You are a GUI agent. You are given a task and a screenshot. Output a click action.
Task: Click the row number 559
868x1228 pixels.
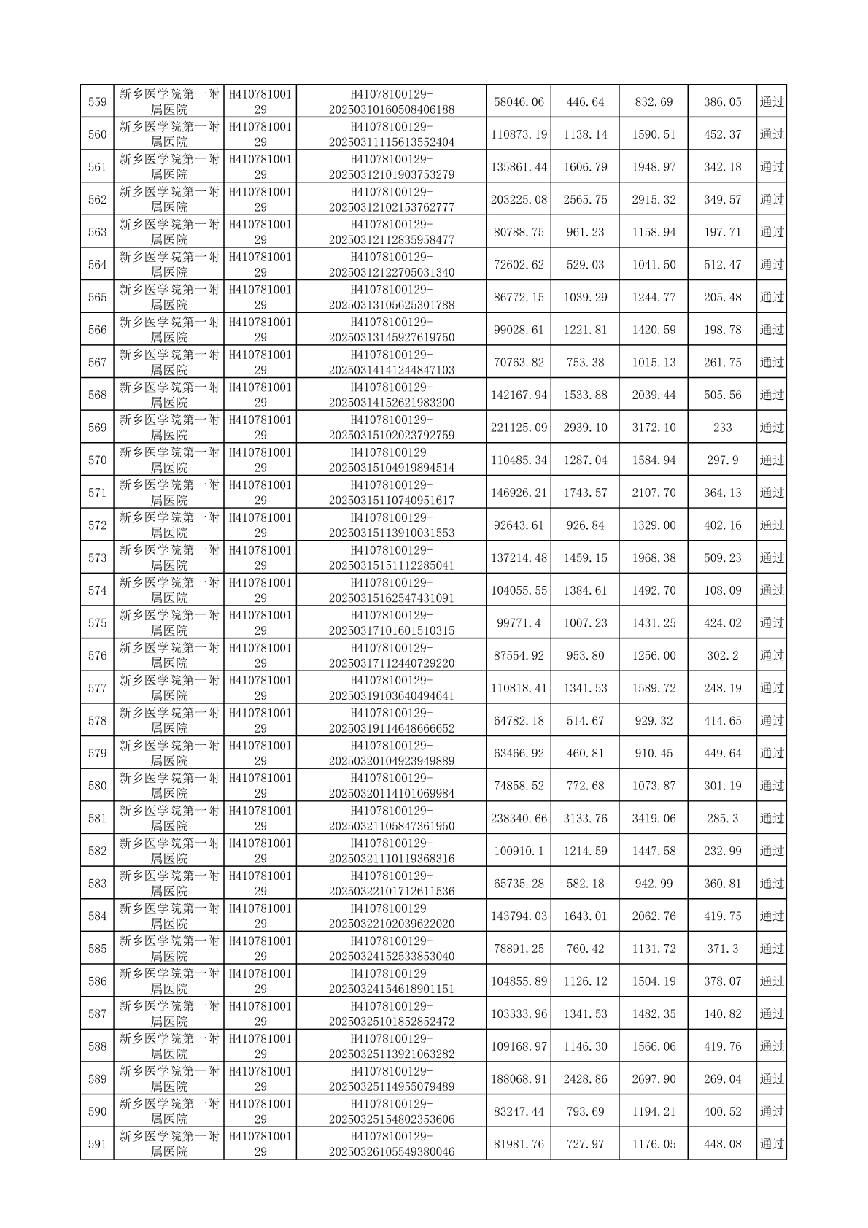(97, 102)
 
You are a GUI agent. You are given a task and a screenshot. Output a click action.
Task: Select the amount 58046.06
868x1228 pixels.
(519, 102)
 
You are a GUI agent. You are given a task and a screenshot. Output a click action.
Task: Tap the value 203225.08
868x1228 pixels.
(519, 200)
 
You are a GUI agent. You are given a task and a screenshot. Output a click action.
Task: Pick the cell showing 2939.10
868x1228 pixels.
(585, 428)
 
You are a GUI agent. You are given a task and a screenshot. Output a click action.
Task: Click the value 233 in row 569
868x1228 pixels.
(722, 428)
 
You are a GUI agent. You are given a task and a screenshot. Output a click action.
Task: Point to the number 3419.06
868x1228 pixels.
(654, 819)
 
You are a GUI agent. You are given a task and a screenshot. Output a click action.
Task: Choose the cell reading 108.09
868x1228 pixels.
(722, 590)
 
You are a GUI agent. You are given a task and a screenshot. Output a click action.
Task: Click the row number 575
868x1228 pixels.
(97, 623)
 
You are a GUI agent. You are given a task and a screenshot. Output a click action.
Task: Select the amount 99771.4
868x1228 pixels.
(519, 623)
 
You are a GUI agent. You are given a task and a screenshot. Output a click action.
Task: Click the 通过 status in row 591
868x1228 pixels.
(772, 1144)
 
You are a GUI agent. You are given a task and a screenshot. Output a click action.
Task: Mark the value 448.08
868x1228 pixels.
(722, 1144)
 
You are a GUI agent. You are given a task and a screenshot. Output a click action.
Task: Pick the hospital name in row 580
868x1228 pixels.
(169, 786)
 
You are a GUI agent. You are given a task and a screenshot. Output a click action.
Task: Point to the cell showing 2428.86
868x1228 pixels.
(585, 1079)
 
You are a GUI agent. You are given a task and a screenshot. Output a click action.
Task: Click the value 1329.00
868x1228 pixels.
(654, 525)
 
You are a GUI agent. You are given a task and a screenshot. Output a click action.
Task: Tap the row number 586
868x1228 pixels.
(97, 981)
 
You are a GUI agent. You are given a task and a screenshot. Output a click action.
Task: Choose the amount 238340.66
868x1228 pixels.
(519, 819)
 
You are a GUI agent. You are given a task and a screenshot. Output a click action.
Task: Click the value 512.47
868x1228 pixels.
(722, 265)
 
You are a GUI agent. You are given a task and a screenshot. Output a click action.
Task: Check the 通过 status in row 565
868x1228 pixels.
(772, 298)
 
